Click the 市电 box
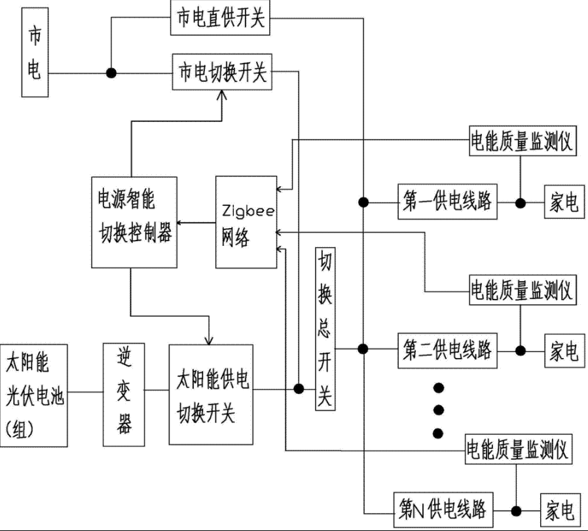tap(35, 53)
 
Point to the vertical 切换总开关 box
tap(325, 329)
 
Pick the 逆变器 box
tap(124, 395)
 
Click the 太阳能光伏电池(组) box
tap(35, 395)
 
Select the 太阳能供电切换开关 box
tap(211, 395)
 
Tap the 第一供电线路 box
tap(447, 203)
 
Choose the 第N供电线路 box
tap(443, 509)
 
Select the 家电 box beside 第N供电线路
tap(560, 509)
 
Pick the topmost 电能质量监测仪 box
tap(522, 141)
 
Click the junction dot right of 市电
tap(112, 73)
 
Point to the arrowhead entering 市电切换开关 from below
tap(223, 95)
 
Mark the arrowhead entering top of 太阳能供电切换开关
tap(209, 340)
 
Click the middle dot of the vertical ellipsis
tap(439, 410)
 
